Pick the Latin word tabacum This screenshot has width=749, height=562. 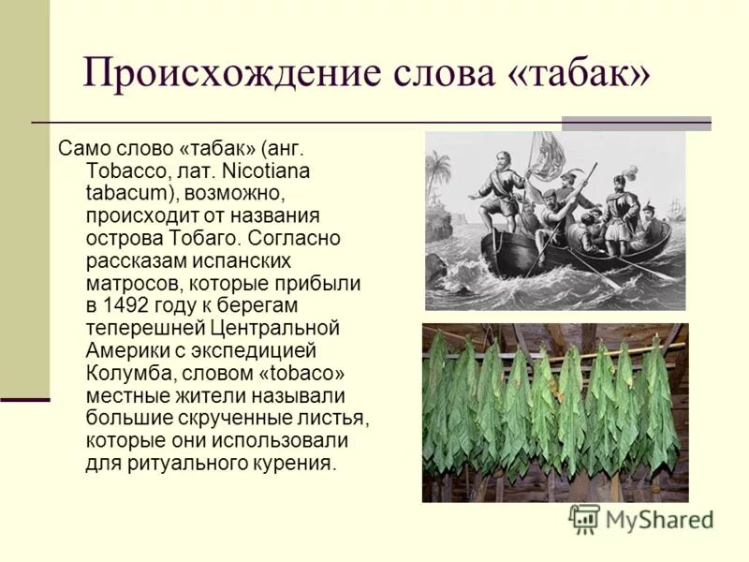129,194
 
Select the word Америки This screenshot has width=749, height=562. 125,350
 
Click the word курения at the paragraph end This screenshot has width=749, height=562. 291,462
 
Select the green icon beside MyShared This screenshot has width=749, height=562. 585,518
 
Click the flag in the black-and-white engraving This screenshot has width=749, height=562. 545,154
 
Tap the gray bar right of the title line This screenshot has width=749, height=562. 636,123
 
